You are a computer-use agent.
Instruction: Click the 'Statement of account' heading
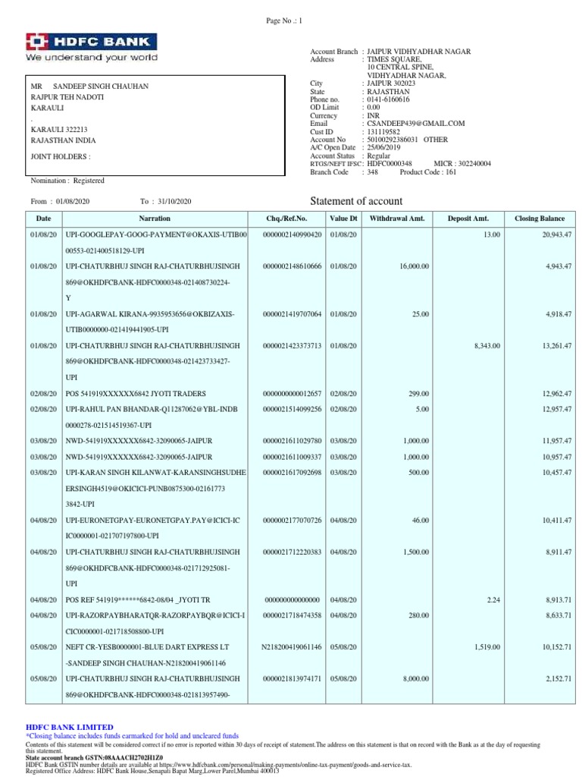click(357, 201)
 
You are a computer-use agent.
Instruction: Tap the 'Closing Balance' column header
click(540, 219)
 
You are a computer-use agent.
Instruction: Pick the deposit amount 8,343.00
click(487, 345)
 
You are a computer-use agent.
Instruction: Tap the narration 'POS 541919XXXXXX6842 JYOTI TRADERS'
click(135, 394)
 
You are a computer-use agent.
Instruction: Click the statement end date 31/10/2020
click(175, 201)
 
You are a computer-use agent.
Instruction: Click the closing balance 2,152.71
click(556, 679)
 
